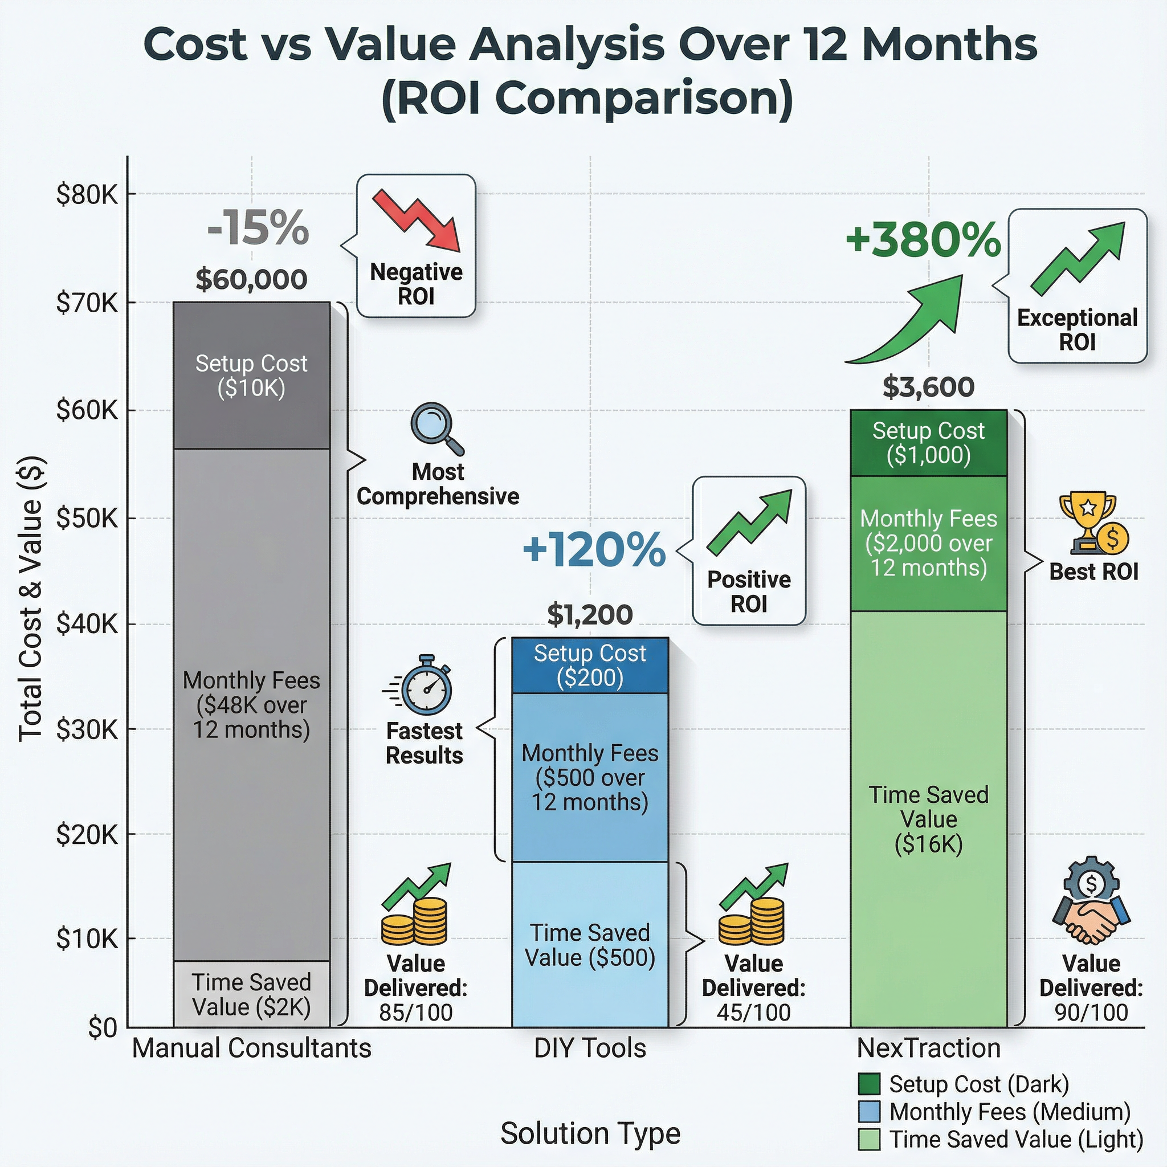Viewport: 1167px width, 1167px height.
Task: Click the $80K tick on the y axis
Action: [87, 194]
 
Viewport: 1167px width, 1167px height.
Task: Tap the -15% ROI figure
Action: [258, 228]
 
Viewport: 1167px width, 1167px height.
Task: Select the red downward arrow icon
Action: [416, 220]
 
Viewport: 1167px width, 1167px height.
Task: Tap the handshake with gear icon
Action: [1091, 900]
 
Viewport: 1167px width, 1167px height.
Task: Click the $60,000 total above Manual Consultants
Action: [251, 279]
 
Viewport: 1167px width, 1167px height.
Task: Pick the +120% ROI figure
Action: [594, 550]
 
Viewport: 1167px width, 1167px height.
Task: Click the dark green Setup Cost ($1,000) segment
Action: [928, 443]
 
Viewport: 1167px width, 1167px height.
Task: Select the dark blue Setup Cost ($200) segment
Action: [590, 665]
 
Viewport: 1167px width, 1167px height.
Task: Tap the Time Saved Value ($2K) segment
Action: [251, 994]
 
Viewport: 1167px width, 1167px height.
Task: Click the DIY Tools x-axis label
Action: [590, 1048]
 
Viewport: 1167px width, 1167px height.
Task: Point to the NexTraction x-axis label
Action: [928, 1048]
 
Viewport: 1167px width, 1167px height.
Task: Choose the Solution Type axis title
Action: [590, 1133]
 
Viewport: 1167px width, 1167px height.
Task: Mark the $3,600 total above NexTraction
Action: [928, 386]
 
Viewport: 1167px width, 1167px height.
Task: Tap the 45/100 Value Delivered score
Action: [753, 1013]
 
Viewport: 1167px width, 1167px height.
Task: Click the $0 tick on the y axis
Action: [102, 1027]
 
